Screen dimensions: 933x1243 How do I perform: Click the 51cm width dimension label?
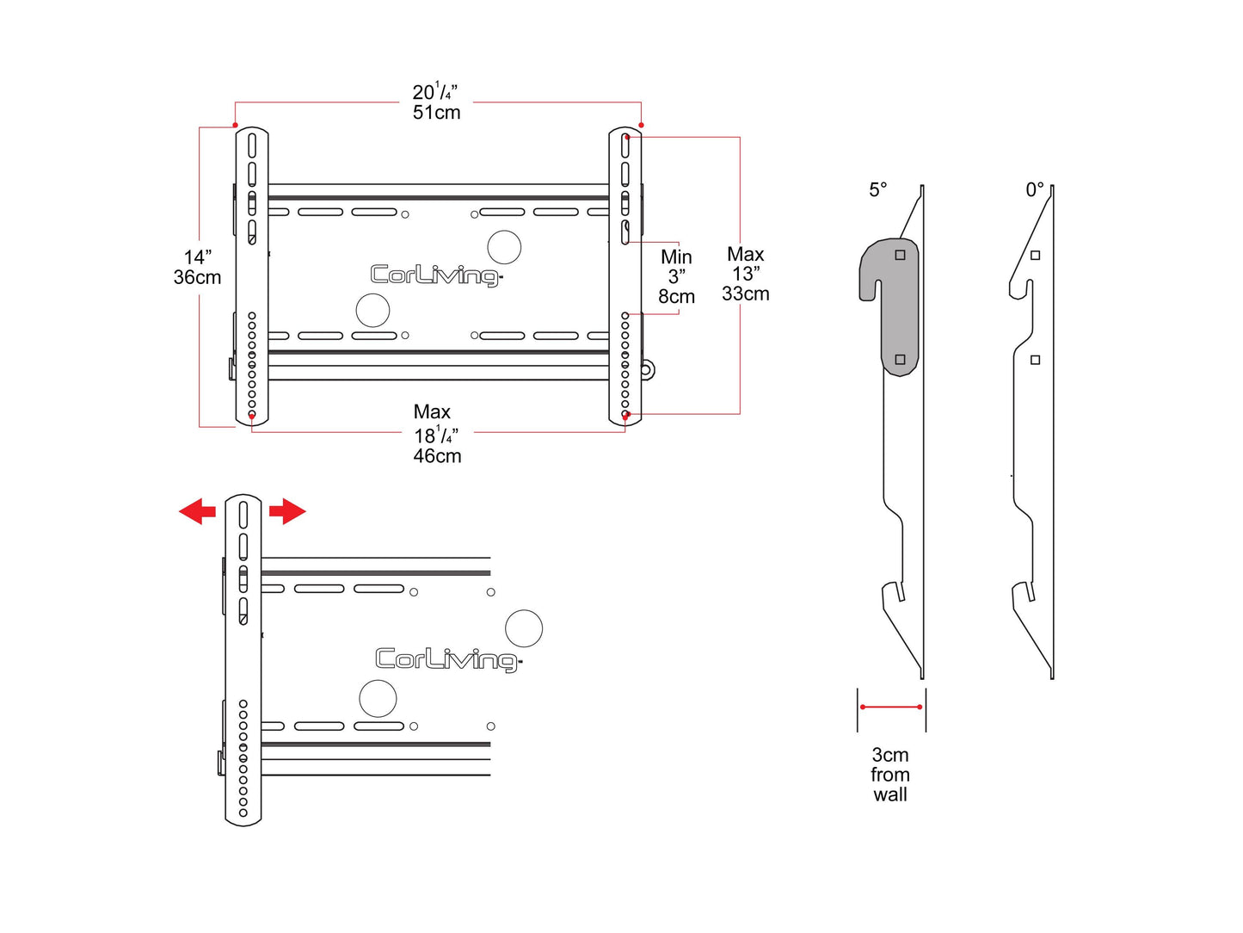[x=436, y=113]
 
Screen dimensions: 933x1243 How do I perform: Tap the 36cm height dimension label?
[x=197, y=277]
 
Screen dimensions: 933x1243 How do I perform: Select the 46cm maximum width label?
[x=437, y=456]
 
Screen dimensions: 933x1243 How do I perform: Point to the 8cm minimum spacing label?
[x=676, y=297]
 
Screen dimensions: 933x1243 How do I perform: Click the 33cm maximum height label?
[x=745, y=293]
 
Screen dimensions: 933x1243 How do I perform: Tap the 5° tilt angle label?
[x=877, y=189]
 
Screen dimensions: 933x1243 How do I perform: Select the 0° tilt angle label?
[x=1034, y=189]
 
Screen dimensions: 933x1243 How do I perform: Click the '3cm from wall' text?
[x=890, y=775]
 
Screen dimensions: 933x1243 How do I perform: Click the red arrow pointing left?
[x=197, y=511]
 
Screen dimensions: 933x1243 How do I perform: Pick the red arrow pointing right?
[x=287, y=511]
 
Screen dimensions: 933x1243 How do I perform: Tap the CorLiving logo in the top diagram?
[x=436, y=275]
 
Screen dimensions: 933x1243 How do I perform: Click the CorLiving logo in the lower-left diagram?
[x=448, y=659]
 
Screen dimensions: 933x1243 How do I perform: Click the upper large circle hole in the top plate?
[x=504, y=247]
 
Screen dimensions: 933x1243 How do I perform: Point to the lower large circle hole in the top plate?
[x=372, y=310]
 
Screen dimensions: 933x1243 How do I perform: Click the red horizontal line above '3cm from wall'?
[x=891, y=707]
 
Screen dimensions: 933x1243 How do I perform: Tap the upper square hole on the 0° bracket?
[x=1035, y=255]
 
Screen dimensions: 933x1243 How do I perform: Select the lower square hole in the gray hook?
[x=900, y=360]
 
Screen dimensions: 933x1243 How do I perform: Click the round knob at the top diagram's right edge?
[x=647, y=370]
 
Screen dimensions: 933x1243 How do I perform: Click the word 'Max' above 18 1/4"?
[x=432, y=411]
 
